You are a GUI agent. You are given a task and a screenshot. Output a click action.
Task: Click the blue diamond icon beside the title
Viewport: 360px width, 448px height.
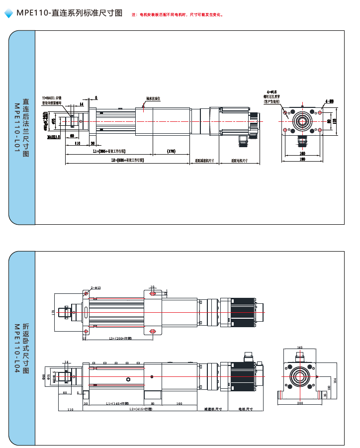[x=9, y=14]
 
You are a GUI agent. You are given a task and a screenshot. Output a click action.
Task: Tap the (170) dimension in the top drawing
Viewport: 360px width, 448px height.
[x=171, y=151]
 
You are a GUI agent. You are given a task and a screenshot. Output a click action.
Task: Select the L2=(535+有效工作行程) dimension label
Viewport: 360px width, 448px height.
[x=127, y=161]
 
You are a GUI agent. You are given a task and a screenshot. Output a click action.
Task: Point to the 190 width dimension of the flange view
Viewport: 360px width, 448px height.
[x=302, y=160]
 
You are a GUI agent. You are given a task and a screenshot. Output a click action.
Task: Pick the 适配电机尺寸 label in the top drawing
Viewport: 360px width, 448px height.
[x=239, y=161]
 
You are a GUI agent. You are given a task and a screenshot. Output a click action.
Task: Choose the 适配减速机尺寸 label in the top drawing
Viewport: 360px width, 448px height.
[x=204, y=161]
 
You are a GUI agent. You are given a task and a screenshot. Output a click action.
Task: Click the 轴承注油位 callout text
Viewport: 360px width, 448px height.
[x=153, y=99]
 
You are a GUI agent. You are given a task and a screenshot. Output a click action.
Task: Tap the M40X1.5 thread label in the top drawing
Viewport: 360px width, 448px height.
[x=54, y=136]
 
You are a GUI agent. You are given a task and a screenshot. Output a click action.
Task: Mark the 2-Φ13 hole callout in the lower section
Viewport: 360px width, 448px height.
[x=95, y=287]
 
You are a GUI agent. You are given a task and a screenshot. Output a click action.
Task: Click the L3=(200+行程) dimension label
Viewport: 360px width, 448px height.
[x=120, y=338]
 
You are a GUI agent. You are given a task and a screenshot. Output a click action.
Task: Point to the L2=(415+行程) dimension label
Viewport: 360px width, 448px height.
[x=141, y=409]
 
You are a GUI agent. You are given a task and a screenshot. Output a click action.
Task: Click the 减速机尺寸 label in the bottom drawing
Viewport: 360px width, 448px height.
[x=213, y=409]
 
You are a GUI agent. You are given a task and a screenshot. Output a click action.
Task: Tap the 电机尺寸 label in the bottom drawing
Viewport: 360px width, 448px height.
[x=246, y=409]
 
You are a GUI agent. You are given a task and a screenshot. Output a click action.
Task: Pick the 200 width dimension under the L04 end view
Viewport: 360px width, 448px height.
[x=300, y=403]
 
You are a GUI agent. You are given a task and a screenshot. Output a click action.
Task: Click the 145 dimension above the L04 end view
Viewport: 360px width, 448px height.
[x=300, y=348]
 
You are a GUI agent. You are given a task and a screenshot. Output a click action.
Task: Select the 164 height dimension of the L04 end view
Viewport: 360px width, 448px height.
[x=336, y=380]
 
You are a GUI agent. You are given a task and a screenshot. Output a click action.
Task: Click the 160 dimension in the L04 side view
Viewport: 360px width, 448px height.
[x=179, y=403]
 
